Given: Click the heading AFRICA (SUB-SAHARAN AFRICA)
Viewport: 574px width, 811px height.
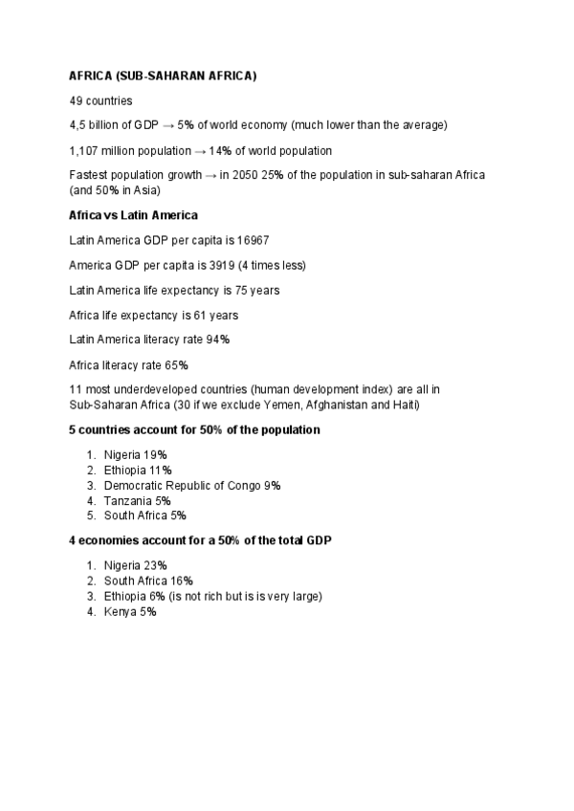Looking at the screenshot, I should coord(163,76).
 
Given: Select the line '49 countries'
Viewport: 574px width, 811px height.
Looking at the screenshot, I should coord(100,100).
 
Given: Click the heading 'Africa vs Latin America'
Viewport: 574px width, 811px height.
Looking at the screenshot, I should coord(133,215).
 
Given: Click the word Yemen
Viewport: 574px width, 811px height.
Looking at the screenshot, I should coord(241,405).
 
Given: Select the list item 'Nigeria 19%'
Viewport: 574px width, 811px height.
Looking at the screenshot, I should coord(136,455).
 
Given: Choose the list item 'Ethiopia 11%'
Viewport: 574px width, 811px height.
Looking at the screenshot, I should coord(138,471).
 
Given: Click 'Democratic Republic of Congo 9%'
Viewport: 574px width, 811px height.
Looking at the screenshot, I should coord(192,486).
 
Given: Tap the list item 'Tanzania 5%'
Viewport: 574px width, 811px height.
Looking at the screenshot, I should coord(138,500).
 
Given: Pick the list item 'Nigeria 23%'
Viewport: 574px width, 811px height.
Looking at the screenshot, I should coord(136,565).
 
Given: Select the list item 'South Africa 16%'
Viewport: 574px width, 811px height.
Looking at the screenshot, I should coord(148,581).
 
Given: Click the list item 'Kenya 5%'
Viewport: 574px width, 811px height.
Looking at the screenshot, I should coord(130,611).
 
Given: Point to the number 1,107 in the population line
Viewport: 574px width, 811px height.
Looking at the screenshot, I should coord(84,150).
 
